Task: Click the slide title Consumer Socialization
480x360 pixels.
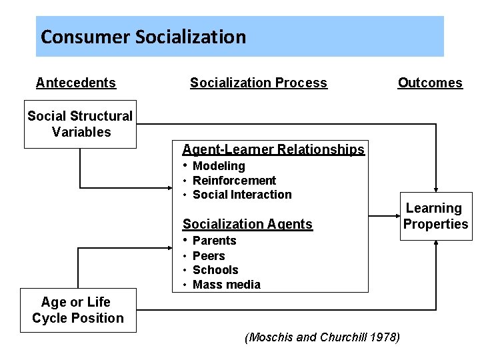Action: (x=143, y=37)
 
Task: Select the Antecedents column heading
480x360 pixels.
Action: (x=76, y=83)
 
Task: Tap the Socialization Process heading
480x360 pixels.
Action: (x=258, y=83)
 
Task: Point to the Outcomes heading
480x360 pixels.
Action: (x=430, y=83)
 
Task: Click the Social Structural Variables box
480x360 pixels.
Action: (x=80, y=124)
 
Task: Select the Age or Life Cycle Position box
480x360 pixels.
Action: (x=78, y=311)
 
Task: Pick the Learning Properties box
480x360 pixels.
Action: (x=435, y=217)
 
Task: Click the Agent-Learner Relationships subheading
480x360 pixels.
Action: (x=273, y=149)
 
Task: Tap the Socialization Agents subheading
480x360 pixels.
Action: (x=247, y=224)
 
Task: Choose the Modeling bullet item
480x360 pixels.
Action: (x=219, y=166)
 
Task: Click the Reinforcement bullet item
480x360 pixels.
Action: (x=234, y=181)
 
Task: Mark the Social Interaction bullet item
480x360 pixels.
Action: (x=242, y=195)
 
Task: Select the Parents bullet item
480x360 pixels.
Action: (x=214, y=241)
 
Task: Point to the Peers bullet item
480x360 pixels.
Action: (x=209, y=256)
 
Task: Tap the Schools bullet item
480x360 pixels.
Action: (x=215, y=270)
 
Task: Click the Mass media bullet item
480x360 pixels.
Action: (x=226, y=285)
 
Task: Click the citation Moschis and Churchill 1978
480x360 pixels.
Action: (x=323, y=337)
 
